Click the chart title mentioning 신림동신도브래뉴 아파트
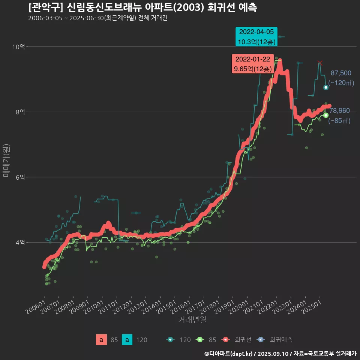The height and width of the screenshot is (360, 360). pos(142,8)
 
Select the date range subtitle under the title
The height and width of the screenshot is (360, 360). pos(97,19)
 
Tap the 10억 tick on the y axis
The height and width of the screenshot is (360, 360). pos(18,47)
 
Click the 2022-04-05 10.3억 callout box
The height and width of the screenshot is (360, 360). pos(256,37)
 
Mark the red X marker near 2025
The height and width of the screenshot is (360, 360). pos(319,63)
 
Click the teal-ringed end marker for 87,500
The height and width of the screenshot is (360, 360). pos(326,87)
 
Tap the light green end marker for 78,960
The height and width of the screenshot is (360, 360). pos(326,115)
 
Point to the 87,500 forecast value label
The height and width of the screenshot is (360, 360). pos(340,73)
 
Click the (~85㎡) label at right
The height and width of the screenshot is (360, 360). pos(339,121)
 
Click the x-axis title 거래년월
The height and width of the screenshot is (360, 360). pos(192,319)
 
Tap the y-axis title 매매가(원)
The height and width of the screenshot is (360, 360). pos(6,160)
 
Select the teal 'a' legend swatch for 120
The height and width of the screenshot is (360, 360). pos(127,340)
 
